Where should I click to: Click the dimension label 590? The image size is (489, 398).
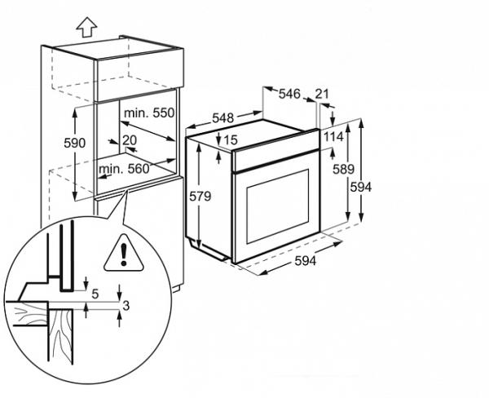click(x=75, y=144)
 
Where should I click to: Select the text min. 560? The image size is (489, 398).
click(x=125, y=169)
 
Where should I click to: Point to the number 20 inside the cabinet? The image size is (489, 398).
click(x=130, y=139)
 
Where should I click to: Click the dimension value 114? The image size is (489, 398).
click(x=333, y=136)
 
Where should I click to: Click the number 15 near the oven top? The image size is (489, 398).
click(x=230, y=140)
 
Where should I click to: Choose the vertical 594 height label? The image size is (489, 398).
click(x=360, y=187)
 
